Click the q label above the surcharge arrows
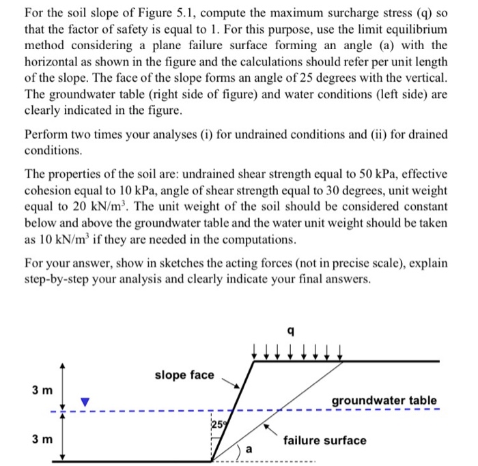[x=292, y=332]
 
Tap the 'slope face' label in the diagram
[x=184, y=375]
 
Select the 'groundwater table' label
[x=384, y=400]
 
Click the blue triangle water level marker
[x=85, y=402]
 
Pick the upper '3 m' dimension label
[x=40, y=390]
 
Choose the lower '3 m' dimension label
[x=40, y=437]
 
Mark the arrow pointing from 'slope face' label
[x=232, y=383]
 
